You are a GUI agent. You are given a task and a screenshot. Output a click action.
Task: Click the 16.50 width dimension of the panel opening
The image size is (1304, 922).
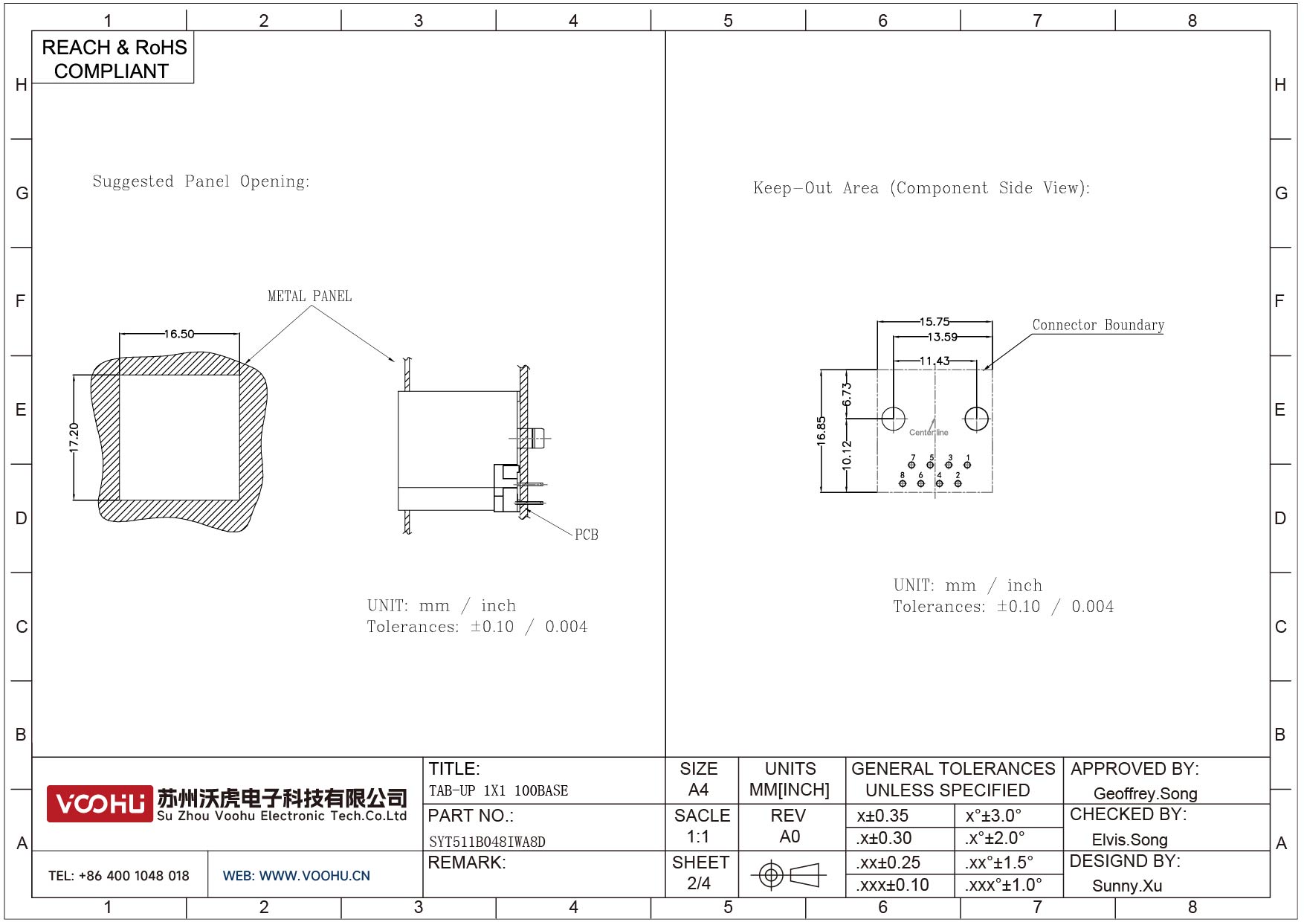pos(179,334)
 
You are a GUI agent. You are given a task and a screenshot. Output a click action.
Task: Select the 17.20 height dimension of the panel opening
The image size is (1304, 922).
pos(74,437)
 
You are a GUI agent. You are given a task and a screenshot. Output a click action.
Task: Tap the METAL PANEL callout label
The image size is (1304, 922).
pos(309,296)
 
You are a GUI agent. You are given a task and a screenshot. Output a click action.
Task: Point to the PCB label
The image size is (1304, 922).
pos(586,535)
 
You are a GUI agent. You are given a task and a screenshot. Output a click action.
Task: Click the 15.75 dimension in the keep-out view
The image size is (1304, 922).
pos(935,322)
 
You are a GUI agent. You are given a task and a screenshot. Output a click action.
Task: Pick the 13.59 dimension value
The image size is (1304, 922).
pos(942,337)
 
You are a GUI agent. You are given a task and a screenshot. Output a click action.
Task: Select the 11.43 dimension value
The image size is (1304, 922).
pos(935,361)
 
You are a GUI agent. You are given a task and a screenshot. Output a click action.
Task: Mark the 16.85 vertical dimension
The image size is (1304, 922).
pos(821,431)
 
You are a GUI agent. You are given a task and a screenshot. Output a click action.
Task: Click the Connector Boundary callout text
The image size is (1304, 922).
pos(1097,325)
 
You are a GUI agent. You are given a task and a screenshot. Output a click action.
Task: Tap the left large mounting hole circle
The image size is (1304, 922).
pos(893,419)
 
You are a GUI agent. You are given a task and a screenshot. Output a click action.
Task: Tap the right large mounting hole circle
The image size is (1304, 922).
pos(976,419)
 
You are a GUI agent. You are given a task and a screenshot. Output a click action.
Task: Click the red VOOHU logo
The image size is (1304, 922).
pos(100,804)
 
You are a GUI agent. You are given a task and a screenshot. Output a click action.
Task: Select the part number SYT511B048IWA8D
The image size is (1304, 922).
pos(487,842)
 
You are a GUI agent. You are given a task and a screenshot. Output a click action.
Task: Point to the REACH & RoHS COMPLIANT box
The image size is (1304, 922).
pos(113,59)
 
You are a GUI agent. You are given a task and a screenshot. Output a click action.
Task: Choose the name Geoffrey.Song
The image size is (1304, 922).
pos(1145,793)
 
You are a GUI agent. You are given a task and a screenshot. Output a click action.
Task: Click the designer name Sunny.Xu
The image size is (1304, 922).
pos(1126,886)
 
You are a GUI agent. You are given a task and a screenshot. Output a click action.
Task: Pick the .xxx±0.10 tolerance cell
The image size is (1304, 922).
pos(892,885)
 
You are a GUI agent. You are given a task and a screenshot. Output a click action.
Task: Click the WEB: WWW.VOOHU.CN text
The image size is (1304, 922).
pos(296,876)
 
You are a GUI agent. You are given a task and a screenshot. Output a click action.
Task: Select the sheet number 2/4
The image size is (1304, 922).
pos(699,883)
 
